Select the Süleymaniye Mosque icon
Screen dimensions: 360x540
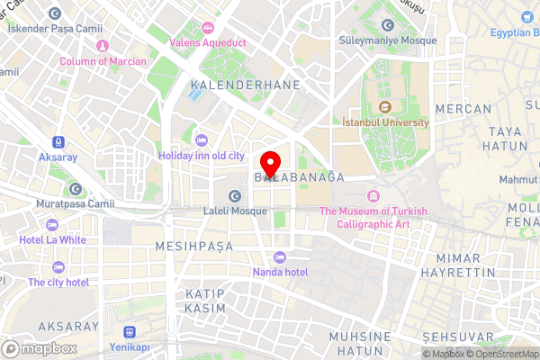click(389, 25)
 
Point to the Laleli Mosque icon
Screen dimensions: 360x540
click(235, 196)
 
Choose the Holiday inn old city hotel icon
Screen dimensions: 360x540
click(200, 139)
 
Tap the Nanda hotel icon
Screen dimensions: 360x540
click(279, 256)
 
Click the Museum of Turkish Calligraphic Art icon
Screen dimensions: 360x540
click(373, 196)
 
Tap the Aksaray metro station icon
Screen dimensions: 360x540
click(58, 141)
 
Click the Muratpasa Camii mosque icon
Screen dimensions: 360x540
click(76, 189)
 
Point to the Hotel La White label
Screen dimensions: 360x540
click(53, 240)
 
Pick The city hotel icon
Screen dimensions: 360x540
click(58, 267)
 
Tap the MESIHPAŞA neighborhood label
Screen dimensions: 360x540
click(193, 246)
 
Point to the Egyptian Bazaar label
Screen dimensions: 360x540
click(515, 33)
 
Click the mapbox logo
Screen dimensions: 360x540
click(39, 348)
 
